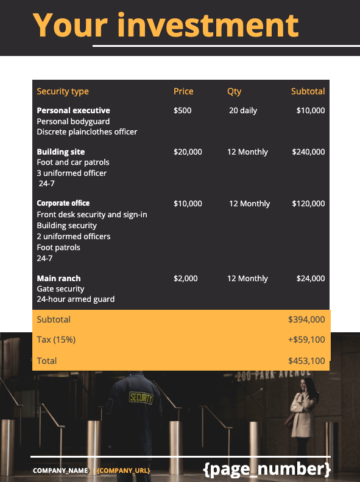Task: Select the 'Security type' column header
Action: (x=63, y=91)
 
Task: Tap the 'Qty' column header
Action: (x=234, y=91)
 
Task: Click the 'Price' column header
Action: (x=183, y=91)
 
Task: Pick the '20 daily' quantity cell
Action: (x=243, y=111)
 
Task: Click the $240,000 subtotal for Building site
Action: (x=308, y=152)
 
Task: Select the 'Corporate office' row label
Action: (x=63, y=203)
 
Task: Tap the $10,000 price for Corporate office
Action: (x=188, y=204)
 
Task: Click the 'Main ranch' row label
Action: (x=58, y=279)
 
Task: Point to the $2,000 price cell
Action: (x=186, y=279)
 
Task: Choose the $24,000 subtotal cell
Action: (x=311, y=279)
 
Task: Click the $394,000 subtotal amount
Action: (x=306, y=320)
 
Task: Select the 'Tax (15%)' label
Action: (x=56, y=340)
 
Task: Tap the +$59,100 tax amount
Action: (x=306, y=340)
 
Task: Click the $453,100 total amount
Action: (x=306, y=361)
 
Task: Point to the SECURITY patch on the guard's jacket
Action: (x=141, y=397)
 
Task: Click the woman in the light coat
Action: (x=302, y=411)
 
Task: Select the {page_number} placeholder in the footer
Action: (x=267, y=469)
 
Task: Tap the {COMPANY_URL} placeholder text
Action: (x=124, y=470)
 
